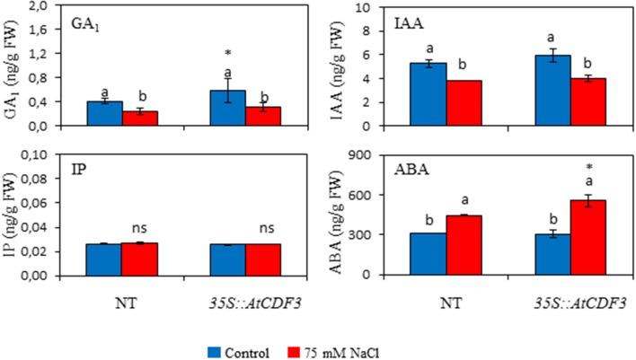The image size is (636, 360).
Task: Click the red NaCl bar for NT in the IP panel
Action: tap(139, 259)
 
